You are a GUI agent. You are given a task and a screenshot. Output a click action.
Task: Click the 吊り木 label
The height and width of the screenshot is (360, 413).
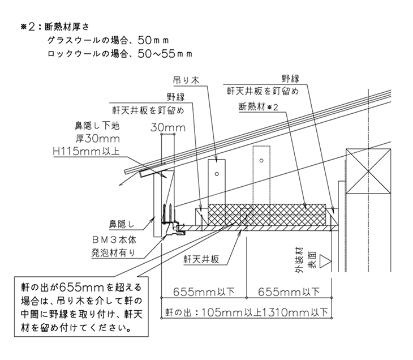click(x=186, y=80)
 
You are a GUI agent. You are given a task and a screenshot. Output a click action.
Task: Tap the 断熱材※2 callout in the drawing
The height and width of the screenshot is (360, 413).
click(x=258, y=107)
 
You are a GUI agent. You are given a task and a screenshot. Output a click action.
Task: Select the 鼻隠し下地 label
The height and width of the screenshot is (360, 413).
click(x=97, y=126)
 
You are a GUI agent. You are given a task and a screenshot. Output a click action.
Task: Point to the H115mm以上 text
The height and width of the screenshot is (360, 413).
click(x=86, y=151)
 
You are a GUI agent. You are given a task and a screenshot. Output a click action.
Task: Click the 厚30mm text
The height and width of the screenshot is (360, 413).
click(x=98, y=138)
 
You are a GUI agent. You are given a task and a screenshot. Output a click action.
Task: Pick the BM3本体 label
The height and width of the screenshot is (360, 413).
click(x=114, y=240)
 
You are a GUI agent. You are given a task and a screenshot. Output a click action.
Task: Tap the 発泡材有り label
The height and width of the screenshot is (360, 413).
click(x=113, y=253)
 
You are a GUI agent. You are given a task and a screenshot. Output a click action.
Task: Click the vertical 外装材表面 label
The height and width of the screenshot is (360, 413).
click(x=306, y=260)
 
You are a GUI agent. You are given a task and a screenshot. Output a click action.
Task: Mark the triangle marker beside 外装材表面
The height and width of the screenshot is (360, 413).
click(x=325, y=262)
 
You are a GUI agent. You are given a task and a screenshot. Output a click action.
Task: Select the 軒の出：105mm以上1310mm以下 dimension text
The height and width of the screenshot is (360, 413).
click(x=247, y=312)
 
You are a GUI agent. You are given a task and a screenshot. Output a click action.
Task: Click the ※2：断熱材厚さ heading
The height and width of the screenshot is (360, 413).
click(x=55, y=27)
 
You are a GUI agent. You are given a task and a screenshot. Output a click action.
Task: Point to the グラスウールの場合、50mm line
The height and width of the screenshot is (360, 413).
click(x=108, y=40)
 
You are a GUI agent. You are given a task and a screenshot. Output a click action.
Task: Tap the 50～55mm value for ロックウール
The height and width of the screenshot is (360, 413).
click(x=165, y=54)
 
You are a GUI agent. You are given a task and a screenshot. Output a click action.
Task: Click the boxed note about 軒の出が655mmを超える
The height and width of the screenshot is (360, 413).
click(x=81, y=307)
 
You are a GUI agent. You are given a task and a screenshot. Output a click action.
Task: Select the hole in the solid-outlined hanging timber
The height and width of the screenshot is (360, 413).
click(x=217, y=174)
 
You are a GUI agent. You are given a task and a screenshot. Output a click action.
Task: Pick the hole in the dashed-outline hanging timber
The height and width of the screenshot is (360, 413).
click(x=261, y=160)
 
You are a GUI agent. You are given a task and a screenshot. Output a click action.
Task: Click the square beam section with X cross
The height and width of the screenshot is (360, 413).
click(x=368, y=172)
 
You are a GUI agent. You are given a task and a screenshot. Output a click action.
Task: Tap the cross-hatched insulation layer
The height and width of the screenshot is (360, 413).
click(x=267, y=215)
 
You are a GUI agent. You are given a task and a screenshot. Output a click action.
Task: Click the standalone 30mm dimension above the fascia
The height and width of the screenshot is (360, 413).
click(x=168, y=127)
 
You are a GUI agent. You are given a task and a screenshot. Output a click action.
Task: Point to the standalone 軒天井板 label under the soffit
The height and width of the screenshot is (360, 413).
click(x=201, y=260)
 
